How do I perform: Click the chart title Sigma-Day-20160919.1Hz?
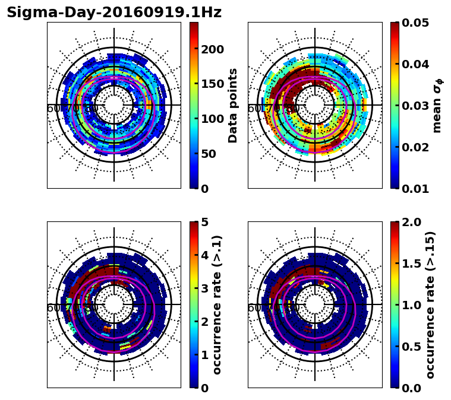(114, 12)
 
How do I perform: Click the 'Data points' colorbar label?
(233, 105)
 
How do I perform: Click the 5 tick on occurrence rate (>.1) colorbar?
(204, 222)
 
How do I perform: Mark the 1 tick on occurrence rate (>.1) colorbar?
(204, 355)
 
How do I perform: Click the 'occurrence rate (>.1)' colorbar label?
(217, 304)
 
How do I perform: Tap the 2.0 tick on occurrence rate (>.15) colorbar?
(410, 222)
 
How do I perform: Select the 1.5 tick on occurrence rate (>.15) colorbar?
(410, 264)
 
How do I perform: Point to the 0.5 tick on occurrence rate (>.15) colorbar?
(410, 347)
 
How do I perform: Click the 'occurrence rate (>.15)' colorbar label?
(431, 304)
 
